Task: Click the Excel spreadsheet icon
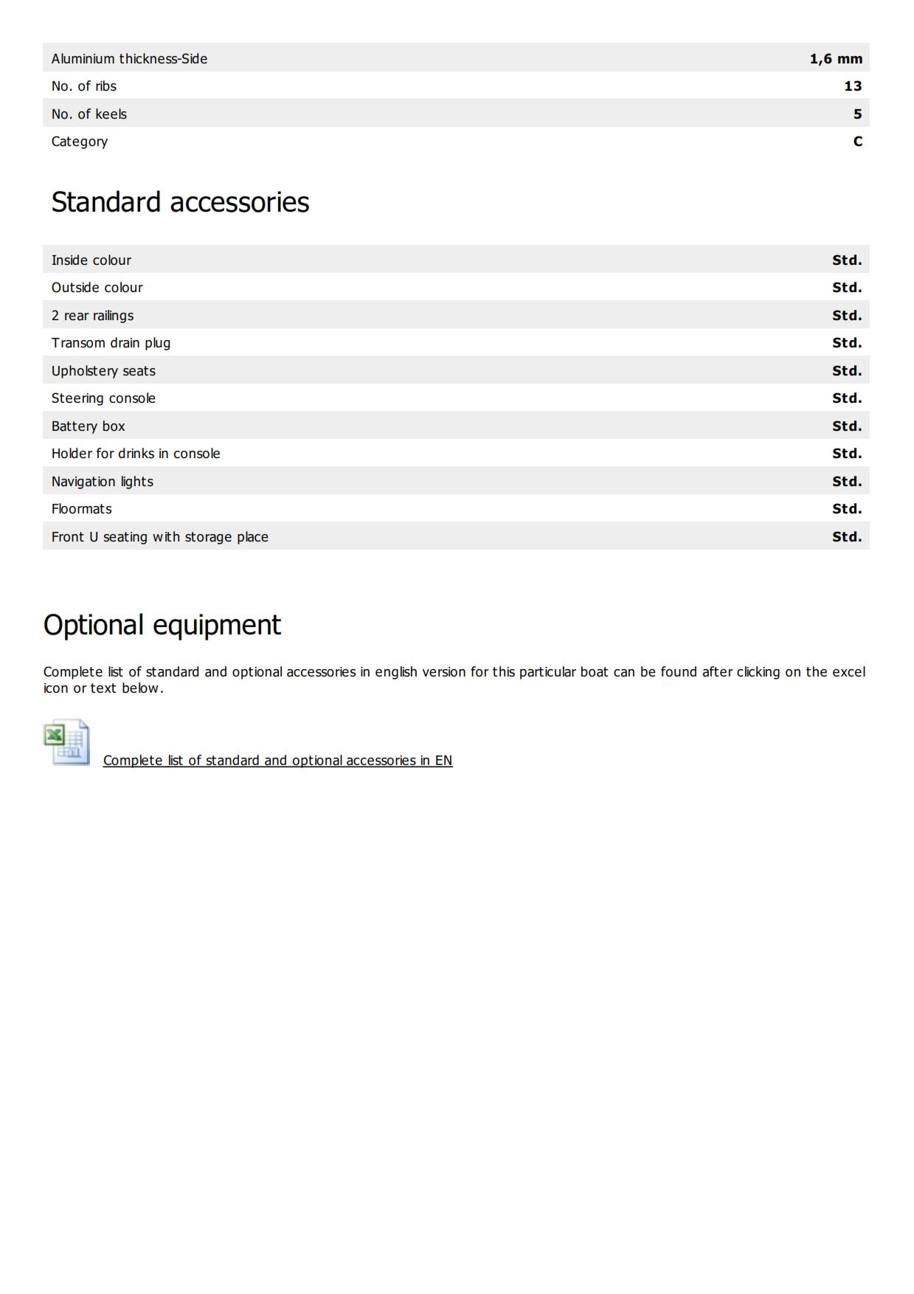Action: click(x=67, y=742)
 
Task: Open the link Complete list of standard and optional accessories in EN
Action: click(x=277, y=761)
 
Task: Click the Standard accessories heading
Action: click(x=180, y=202)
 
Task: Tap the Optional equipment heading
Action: click(x=162, y=625)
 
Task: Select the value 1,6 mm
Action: click(x=835, y=59)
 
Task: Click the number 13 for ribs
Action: click(x=853, y=86)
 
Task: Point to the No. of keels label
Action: click(x=89, y=114)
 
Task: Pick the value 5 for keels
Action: click(x=857, y=114)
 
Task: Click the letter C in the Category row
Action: click(x=857, y=142)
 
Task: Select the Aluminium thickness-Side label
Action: click(x=129, y=59)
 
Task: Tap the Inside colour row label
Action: click(x=91, y=260)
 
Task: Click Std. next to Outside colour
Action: click(x=846, y=288)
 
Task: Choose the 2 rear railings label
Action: click(x=93, y=316)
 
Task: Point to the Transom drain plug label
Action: click(x=111, y=343)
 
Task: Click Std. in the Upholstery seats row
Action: click(x=846, y=371)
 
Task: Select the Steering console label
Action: click(x=103, y=398)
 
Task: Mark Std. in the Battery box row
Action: click(x=846, y=426)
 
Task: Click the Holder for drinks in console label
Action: click(x=136, y=454)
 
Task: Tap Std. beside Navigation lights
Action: click(x=846, y=482)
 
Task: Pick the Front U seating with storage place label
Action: click(x=160, y=537)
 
